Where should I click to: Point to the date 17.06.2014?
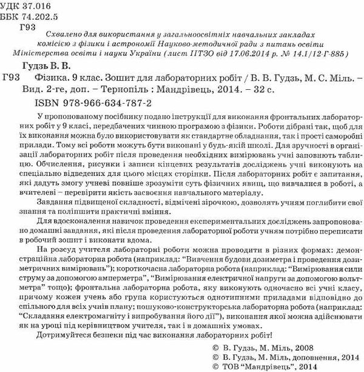point(240,54)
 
